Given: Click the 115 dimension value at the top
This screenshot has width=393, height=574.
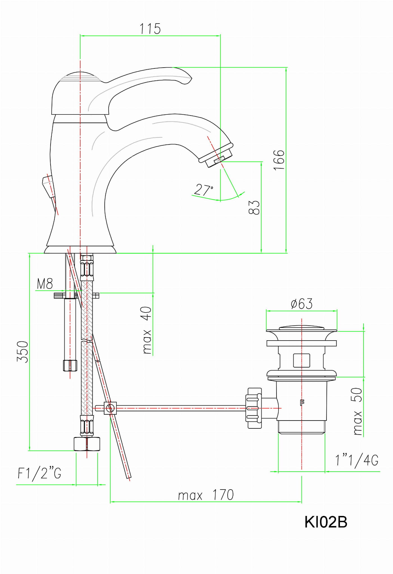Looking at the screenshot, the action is coord(150,29).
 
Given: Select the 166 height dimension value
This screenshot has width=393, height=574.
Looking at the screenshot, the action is coord(279,160).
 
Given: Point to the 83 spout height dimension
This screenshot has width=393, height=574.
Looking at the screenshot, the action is coord(254,207).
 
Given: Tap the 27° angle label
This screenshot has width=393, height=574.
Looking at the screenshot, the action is coord(204,190).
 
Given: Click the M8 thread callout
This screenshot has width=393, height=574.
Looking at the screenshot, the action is coord(45,284).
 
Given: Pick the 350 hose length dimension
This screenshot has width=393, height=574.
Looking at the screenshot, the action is coord(23,352).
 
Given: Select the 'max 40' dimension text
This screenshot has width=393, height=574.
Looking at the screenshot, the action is coord(147,330).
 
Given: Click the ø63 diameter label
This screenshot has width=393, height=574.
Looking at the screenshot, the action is coord(302,304).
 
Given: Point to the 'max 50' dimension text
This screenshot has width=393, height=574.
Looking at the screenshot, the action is coord(357,411).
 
